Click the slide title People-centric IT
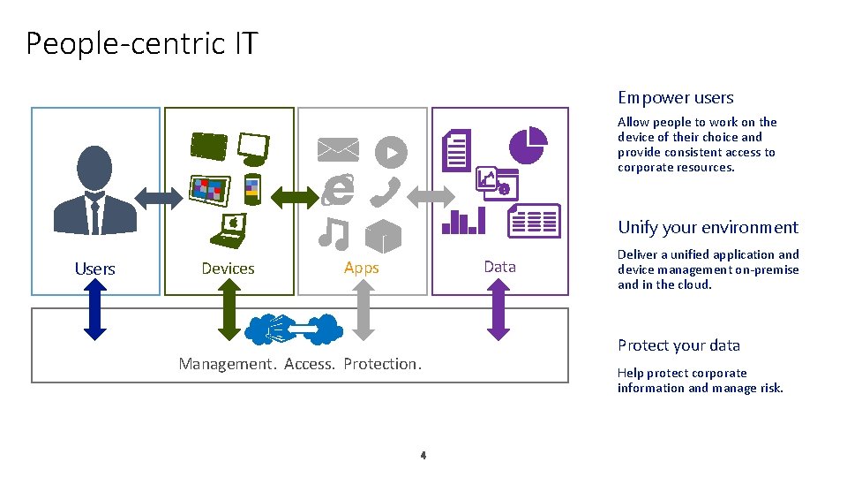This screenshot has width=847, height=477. point(141,42)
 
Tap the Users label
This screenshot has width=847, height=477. point(95,269)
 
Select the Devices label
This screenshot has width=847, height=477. point(228,269)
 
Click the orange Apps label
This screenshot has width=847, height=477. point(362,268)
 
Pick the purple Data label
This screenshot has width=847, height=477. point(499,267)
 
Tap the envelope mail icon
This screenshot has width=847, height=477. point(339,150)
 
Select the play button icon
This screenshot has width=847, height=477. point(390,152)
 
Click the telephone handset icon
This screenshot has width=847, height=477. point(386,192)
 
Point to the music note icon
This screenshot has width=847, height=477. point(334,233)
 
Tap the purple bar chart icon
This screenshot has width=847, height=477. point(463,221)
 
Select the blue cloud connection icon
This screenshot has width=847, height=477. point(294,329)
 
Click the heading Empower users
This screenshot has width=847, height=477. point(675,98)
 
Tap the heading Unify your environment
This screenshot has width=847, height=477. point(708,228)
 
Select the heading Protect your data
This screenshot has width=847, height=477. point(678,345)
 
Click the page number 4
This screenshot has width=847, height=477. point(423,456)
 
